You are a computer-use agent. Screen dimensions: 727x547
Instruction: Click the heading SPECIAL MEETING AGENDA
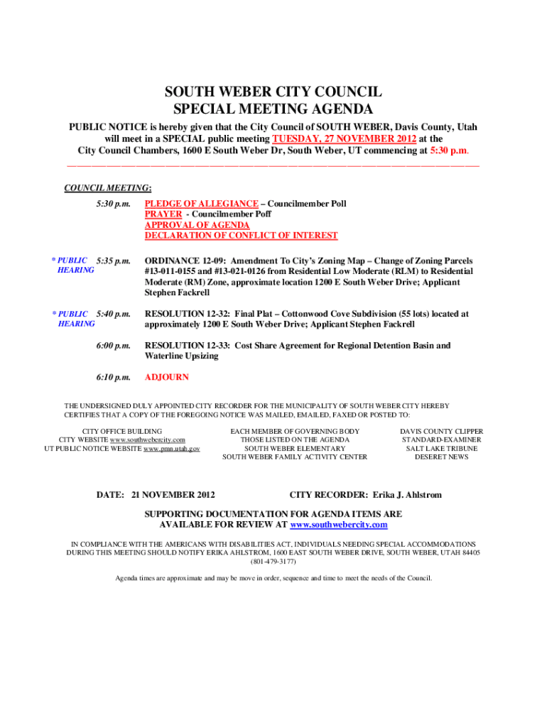coord(273,109)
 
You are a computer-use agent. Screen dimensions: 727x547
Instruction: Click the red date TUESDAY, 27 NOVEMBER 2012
coord(340,139)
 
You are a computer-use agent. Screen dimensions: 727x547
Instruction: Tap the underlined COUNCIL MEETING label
coord(107,188)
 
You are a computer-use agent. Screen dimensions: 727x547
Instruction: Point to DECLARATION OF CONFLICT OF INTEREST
coord(242,235)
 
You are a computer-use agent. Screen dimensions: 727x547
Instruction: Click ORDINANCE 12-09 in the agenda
coord(185,261)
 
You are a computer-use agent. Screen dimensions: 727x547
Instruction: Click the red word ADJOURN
coord(167,377)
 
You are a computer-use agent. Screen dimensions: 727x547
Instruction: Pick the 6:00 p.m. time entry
coord(114,346)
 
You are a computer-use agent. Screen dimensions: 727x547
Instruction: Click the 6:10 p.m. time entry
coord(114,377)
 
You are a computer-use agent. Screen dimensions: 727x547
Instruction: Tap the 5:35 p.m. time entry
coord(114,261)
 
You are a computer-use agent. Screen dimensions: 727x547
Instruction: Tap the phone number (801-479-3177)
coord(273,561)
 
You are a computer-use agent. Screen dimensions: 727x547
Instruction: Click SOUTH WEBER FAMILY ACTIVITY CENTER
coord(295,457)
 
